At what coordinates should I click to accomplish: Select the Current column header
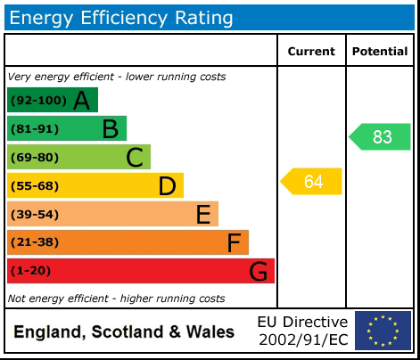pyautogui.click(x=311, y=52)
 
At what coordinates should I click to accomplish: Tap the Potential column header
pyautogui.click(x=380, y=52)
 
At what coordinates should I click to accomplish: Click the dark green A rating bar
pyautogui.click(x=52, y=100)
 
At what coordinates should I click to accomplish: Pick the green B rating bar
pyautogui.click(x=67, y=128)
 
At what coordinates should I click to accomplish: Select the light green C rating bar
pyautogui.click(x=78, y=158)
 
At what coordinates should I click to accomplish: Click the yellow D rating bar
pyautogui.click(x=95, y=185)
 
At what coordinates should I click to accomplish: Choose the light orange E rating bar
pyautogui.click(x=112, y=214)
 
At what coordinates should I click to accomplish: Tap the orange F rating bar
pyautogui.click(x=128, y=242)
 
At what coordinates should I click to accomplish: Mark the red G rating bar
pyautogui.click(x=141, y=271)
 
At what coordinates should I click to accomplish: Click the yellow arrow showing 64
pyautogui.click(x=312, y=182)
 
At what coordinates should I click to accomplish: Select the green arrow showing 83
pyautogui.click(x=381, y=137)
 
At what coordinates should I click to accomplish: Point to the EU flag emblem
pyautogui.click(x=383, y=331)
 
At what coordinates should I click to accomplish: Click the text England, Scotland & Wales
pyautogui.click(x=124, y=332)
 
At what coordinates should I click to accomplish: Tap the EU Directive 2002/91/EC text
pyautogui.click(x=302, y=331)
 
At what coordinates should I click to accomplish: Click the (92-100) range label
pyautogui.click(x=37, y=101)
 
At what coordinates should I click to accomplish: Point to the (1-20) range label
pyautogui.click(x=31, y=271)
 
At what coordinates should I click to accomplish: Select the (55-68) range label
pyautogui.click(x=35, y=186)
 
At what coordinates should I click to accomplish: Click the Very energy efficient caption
pyautogui.click(x=117, y=77)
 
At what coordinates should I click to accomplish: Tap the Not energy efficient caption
pyautogui.click(x=116, y=299)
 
